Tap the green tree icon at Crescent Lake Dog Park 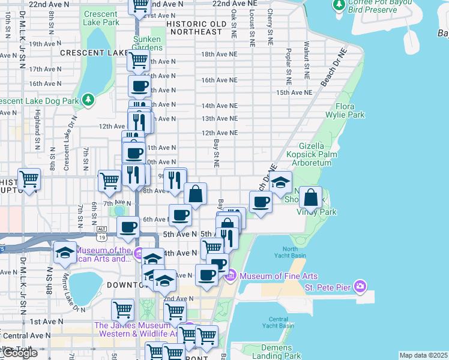(x=88, y=98)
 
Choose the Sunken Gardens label (x=147, y=43)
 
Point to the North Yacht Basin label (x=290, y=253)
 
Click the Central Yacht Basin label (x=282, y=322)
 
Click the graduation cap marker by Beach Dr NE (x=280, y=182)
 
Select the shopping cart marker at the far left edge (x=29, y=179)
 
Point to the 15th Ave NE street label (x=294, y=93)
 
